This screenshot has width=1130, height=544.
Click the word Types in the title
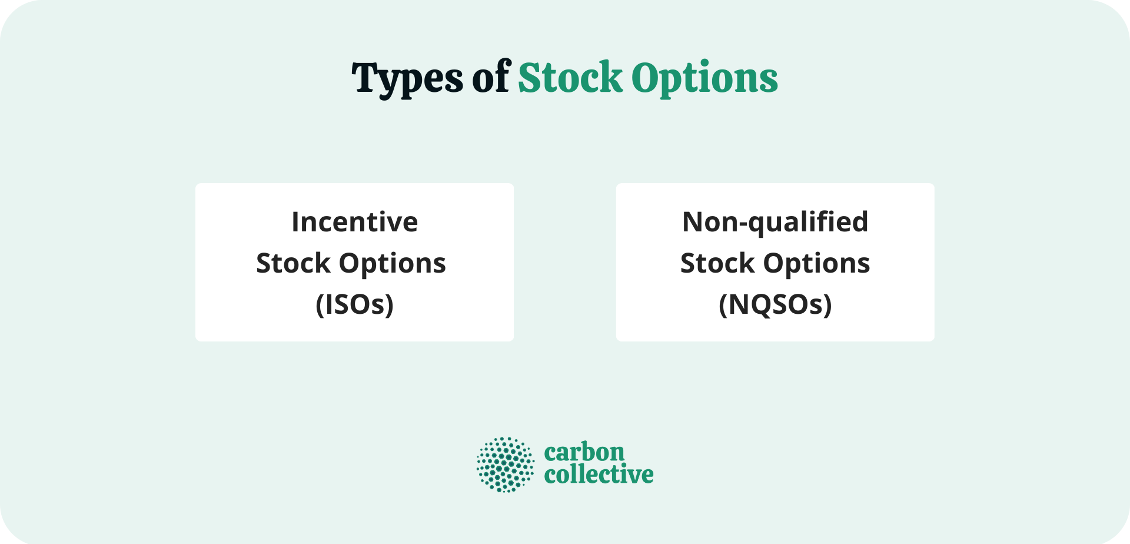point(407,78)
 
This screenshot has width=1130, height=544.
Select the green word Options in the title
point(704,78)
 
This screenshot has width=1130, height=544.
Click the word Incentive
point(354,222)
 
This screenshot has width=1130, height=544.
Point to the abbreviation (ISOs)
point(354,304)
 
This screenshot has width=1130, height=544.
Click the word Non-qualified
point(775,222)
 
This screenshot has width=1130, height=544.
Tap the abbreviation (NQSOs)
point(775,304)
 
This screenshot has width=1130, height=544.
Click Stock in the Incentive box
point(293,263)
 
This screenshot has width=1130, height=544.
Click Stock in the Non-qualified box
point(717,263)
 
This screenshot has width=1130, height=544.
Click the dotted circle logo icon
point(505,464)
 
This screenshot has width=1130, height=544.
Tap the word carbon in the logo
point(584,453)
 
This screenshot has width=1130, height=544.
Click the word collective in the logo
point(599,475)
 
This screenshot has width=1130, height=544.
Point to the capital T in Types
point(364,77)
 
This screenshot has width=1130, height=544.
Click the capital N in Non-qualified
point(693,222)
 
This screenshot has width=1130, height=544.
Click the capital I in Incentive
point(295,222)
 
